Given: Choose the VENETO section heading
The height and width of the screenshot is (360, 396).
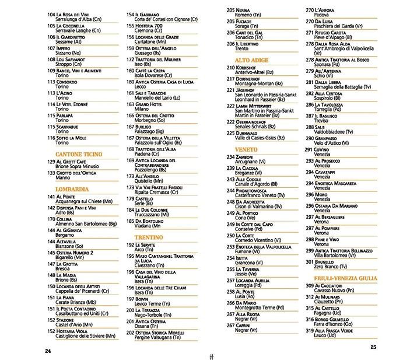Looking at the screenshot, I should click(247, 150).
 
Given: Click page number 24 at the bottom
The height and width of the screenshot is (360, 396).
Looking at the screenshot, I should click(47, 350).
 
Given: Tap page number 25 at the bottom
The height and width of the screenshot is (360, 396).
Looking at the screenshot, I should click(374, 347).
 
